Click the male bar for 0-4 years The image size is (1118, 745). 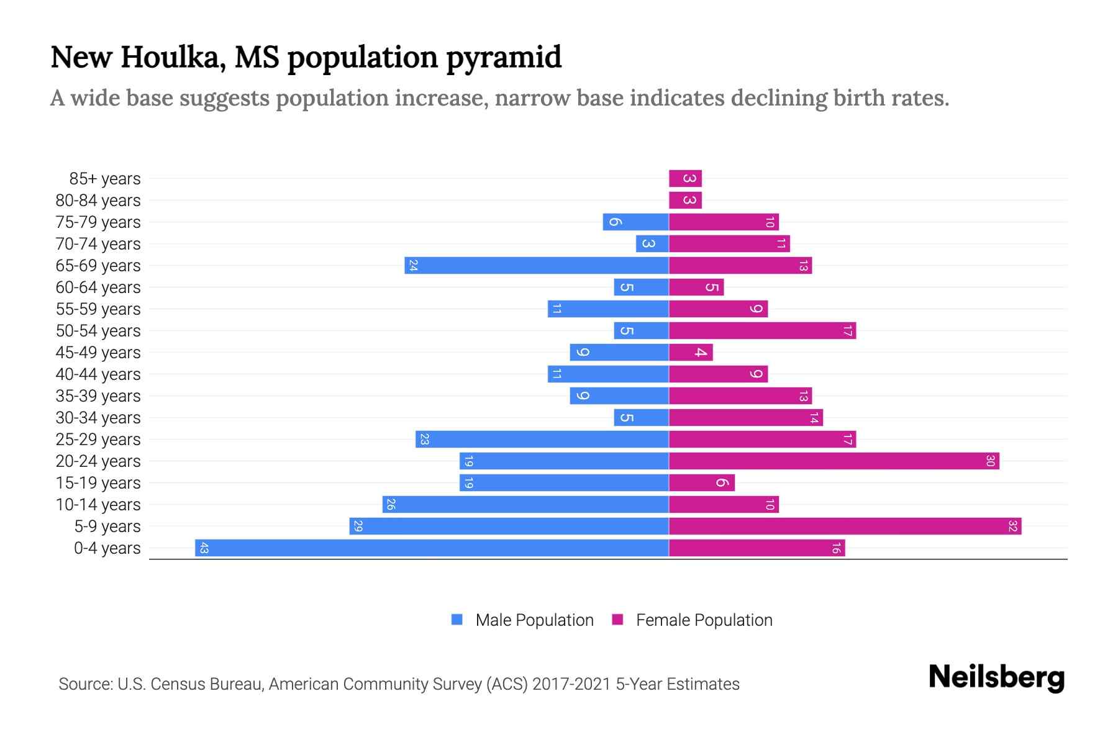coord(432,548)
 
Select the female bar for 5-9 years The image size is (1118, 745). coord(845,526)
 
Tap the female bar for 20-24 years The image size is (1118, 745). coord(834,461)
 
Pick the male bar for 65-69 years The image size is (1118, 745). coord(537,266)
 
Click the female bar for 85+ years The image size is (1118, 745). coord(685,179)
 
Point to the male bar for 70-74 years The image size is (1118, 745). coord(652,244)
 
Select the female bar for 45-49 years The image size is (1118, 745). coord(691,353)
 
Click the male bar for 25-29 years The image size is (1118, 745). coord(542,440)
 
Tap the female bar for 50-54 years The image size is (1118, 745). coord(762,331)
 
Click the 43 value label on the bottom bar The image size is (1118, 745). coord(204,548)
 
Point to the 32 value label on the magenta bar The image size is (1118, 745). coord(1012,526)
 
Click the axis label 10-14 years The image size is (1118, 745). coord(98,505)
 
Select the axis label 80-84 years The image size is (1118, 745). coord(98,201)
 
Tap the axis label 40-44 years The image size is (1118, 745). coord(98,374)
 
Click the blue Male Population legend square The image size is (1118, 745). coord(457,620)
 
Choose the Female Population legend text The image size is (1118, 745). coord(704,620)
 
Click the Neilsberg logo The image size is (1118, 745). coord(996,677)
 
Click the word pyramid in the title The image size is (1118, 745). coord(504,58)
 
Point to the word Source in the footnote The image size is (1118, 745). coord(84,684)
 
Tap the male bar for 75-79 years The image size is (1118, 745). coord(635,222)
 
